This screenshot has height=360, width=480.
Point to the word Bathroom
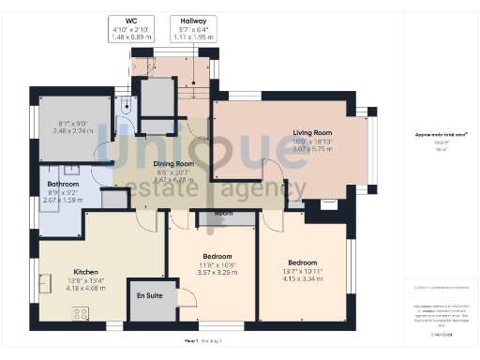click(64, 185)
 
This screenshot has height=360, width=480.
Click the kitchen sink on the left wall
click(45, 283)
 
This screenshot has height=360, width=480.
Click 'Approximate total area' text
click(441, 134)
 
